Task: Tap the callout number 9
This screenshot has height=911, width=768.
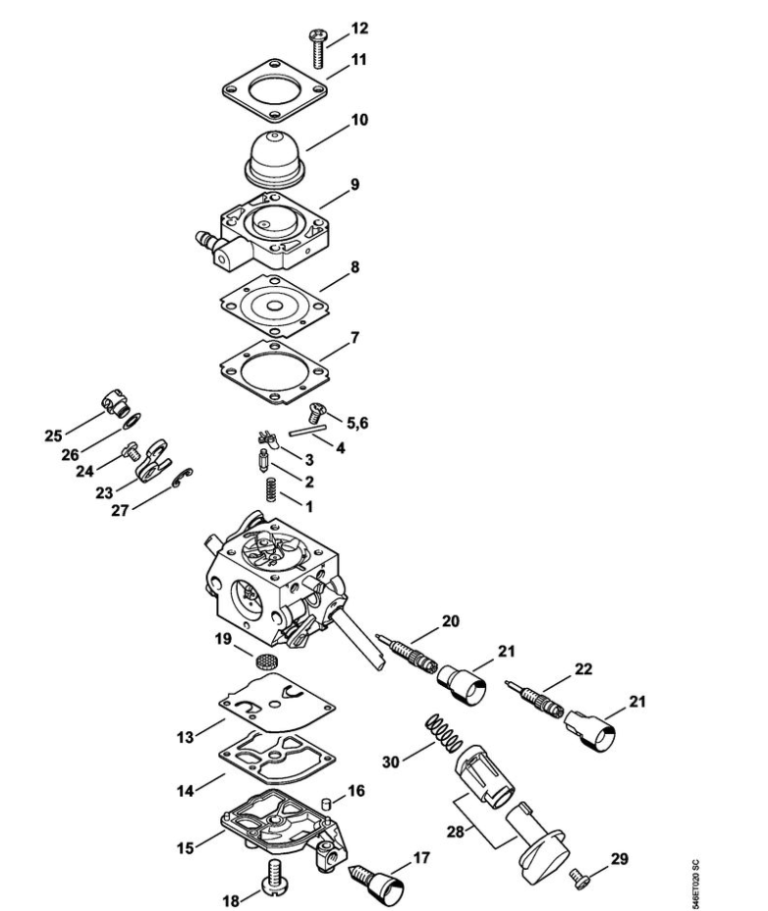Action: (355, 184)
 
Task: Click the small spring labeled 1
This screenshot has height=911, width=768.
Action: (270, 488)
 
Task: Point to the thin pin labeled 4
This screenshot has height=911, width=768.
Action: (305, 432)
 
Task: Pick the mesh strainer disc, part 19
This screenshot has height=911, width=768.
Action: (265, 660)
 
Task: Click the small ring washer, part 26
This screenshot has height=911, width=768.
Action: (133, 420)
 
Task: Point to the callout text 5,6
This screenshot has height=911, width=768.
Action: (357, 423)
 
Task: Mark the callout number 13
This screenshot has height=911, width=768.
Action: (186, 737)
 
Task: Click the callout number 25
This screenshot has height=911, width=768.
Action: (53, 435)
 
